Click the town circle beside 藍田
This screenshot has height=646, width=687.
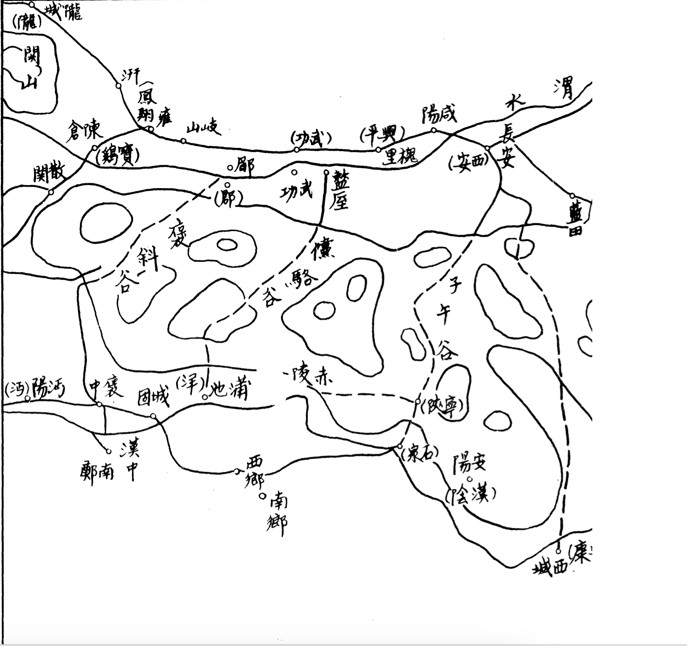click(572, 196)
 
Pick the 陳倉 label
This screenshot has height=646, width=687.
click(85, 131)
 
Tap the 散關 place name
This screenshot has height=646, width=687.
click(49, 173)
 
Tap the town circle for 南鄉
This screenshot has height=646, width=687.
click(262, 496)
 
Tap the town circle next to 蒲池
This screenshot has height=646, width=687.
click(205, 397)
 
